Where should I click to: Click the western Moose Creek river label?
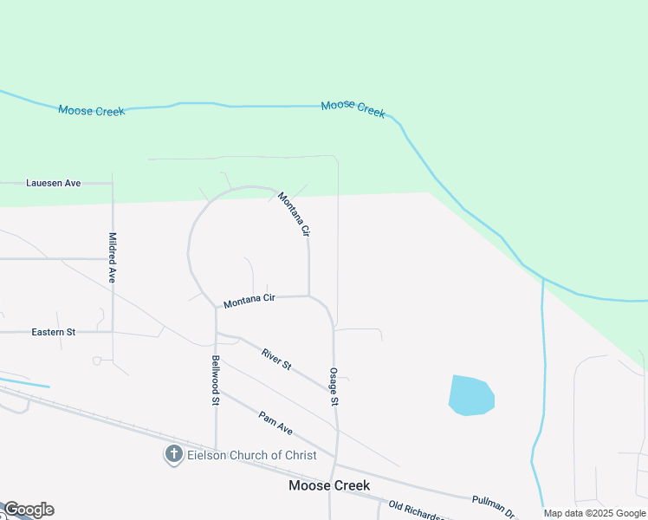[x=92, y=110]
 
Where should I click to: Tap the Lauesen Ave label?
[x=53, y=183]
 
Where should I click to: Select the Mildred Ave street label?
[x=112, y=257]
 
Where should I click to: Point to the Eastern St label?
[x=54, y=332]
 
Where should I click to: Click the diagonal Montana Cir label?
[x=294, y=214]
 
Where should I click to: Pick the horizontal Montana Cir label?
[x=249, y=301]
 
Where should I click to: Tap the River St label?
[x=276, y=358]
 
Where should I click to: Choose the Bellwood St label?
[x=216, y=380]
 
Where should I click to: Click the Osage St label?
[x=333, y=387]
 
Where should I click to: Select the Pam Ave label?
[x=275, y=422]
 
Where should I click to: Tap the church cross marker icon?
[x=173, y=453]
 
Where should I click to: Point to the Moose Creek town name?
[x=329, y=486]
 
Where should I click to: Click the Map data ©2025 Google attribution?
[x=594, y=513]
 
